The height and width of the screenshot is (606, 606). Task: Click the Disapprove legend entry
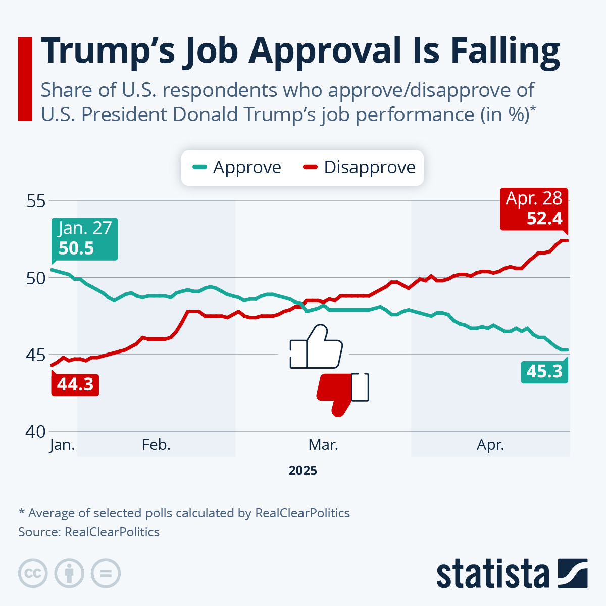point(360,167)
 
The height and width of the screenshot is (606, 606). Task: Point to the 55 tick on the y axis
point(35,201)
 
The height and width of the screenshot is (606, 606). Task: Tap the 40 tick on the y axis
point(35,432)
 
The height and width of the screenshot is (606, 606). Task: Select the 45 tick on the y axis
point(35,355)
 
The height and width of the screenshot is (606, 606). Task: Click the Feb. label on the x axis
point(156,445)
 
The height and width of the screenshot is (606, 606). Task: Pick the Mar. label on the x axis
point(323,445)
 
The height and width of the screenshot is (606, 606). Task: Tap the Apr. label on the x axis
point(490,445)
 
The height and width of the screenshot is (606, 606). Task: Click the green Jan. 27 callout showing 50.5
point(84,239)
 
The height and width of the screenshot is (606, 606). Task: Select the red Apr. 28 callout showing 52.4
point(534,209)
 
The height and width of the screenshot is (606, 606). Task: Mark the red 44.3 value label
point(75,384)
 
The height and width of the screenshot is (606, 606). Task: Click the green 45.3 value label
point(544,371)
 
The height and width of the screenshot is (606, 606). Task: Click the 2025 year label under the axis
point(303,471)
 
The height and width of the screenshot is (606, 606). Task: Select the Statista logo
point(512,574)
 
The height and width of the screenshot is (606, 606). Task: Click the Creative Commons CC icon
point(33,573)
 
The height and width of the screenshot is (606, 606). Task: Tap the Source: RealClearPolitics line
point(89,532)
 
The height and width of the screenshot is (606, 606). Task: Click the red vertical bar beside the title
point(25,79)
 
